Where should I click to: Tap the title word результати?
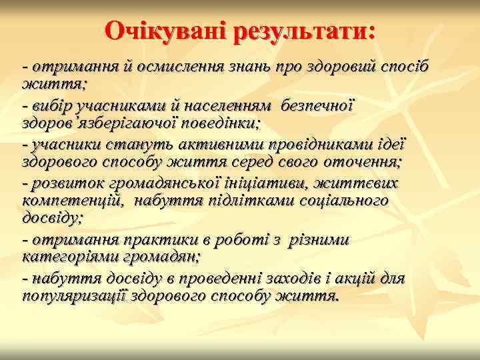[303, 30]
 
